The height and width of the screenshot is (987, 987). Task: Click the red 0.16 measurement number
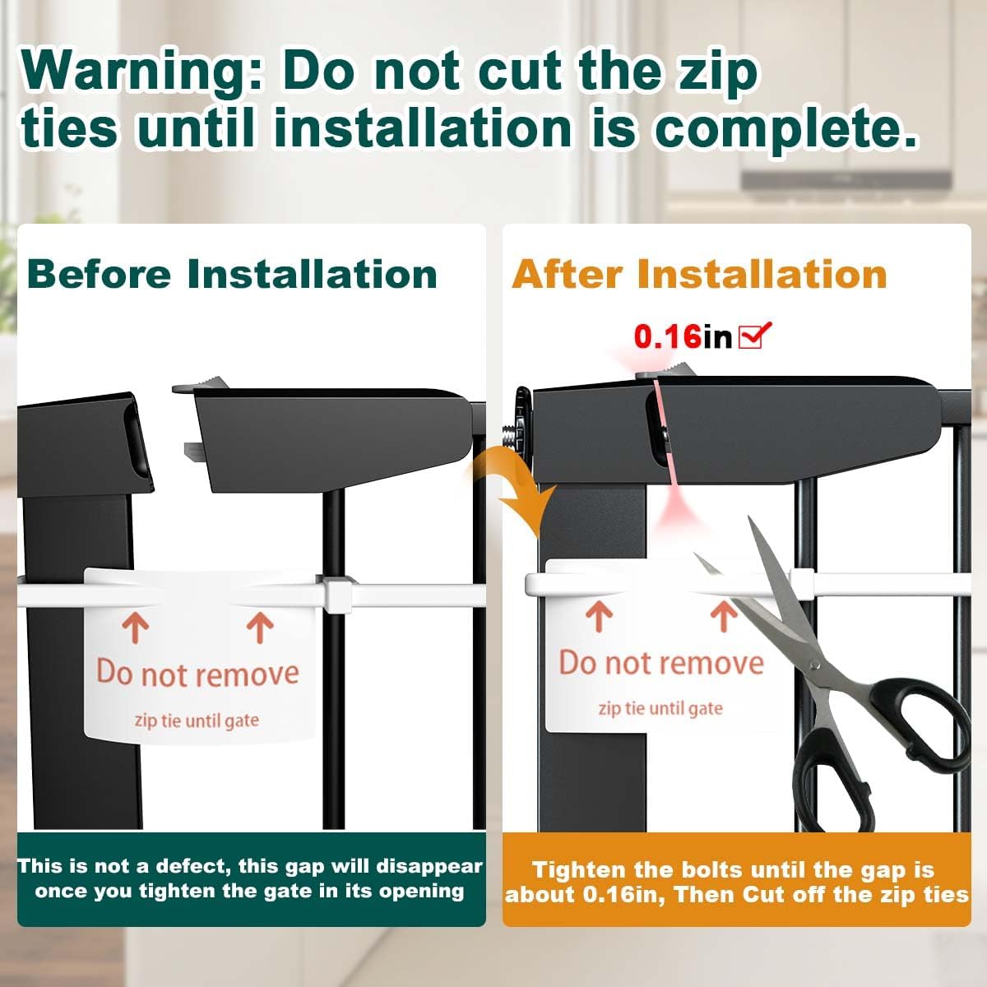[667, 336]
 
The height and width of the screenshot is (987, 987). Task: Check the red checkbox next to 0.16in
[754, 336]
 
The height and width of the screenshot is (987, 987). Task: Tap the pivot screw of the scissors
[815, 665]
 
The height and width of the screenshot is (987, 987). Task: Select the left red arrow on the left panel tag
[136, 628]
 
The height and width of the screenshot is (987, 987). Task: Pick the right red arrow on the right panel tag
[723, 616]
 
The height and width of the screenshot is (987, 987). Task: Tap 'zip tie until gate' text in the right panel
[660, 708]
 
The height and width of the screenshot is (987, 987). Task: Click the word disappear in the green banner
[429, 867]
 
